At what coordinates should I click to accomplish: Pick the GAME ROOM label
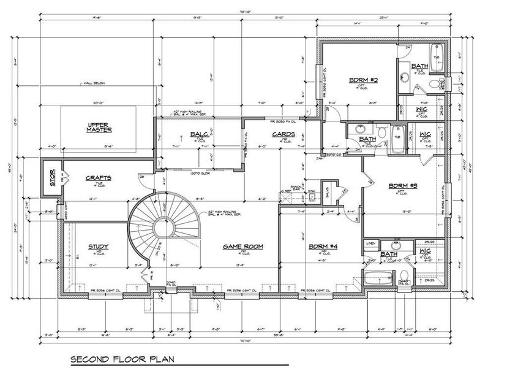pyautogui.click(x=242, y=246)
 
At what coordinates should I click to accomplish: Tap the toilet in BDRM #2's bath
pyautogui.click(x=435, y=84)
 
